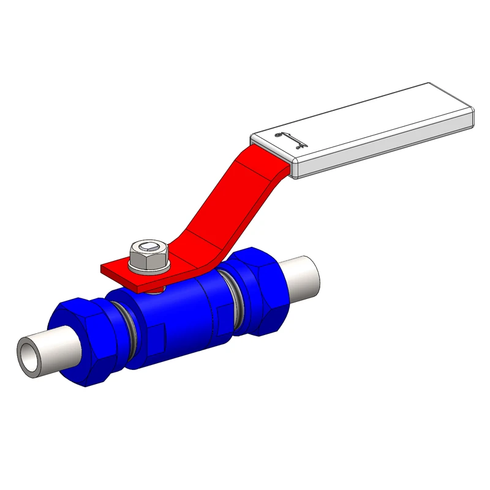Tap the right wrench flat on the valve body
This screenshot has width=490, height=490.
pyautogui.click(x=224, y=313)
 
